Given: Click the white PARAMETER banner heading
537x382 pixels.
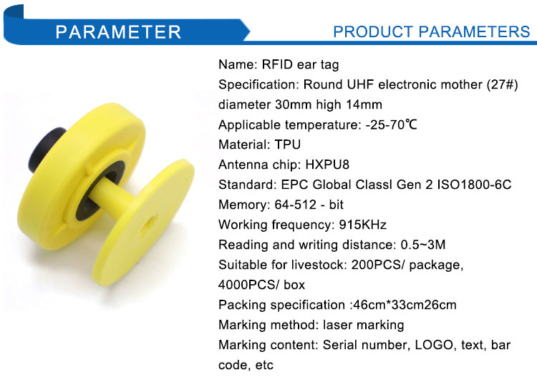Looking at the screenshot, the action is click(118, 31).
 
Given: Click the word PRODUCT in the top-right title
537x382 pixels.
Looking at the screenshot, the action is click(373, 31).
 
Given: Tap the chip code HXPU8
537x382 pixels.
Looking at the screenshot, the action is click(327, 165).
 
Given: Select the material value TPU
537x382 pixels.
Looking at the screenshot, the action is click(287, 145).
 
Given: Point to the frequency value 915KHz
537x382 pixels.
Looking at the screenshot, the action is click(363, 225).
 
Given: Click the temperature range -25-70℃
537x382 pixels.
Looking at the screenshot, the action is click(392, 124).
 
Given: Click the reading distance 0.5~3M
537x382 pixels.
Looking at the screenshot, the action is click(423, 245).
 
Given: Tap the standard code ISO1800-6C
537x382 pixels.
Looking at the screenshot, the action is click(474, 185).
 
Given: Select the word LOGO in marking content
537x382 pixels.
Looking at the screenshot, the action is click(434, 345).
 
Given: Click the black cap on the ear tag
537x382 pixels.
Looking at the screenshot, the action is click(44, 149).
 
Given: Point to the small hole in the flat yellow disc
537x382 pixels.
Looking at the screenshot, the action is click(148, 225).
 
